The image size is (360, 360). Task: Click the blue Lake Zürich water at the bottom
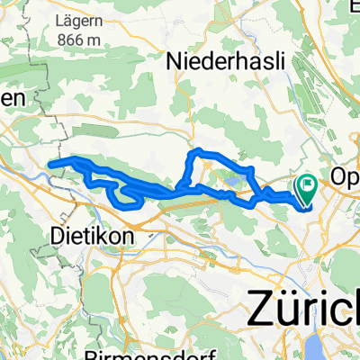[345, 349]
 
